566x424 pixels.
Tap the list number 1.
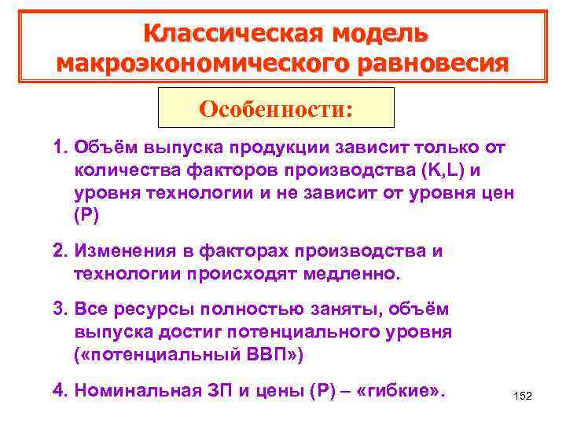60,148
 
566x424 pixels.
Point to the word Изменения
122,251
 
